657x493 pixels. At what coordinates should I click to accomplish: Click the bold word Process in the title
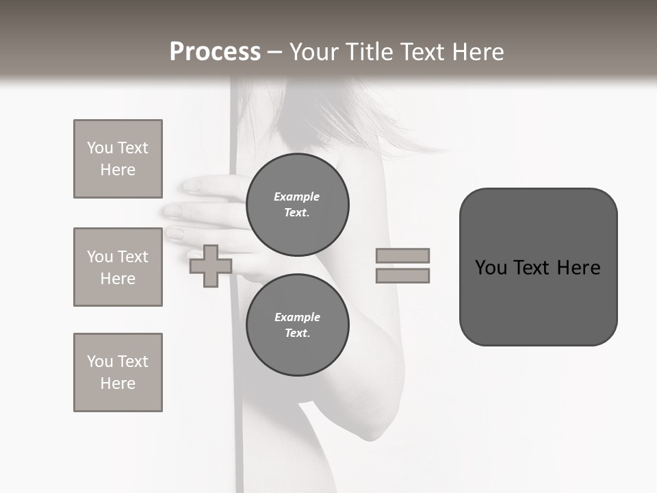pos(215,52)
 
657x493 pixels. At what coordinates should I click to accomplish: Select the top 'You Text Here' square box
pos(118,159)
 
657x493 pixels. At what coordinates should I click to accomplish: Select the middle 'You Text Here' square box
pos(118,267)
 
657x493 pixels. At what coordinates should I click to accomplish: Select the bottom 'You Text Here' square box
pos(118,372)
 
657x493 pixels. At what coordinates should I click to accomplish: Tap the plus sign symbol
pos(210,266)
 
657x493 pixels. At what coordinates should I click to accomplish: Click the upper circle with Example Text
pos(297,205)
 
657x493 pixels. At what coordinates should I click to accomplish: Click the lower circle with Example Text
pos(297,325)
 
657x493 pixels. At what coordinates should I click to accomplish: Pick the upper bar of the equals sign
pos(402,255)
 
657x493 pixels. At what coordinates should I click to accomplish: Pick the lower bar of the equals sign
pos(402,275)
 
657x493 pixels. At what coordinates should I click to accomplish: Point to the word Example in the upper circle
pos(296,197)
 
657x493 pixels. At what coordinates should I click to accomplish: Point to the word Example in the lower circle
pos(296,317)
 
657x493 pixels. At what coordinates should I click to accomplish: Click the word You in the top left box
pos(99,148)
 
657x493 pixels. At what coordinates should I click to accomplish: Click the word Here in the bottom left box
pos(118,383)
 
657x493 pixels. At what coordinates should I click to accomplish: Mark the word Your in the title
pos(312,52)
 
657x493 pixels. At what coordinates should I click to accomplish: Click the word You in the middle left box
pos(99,257)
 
